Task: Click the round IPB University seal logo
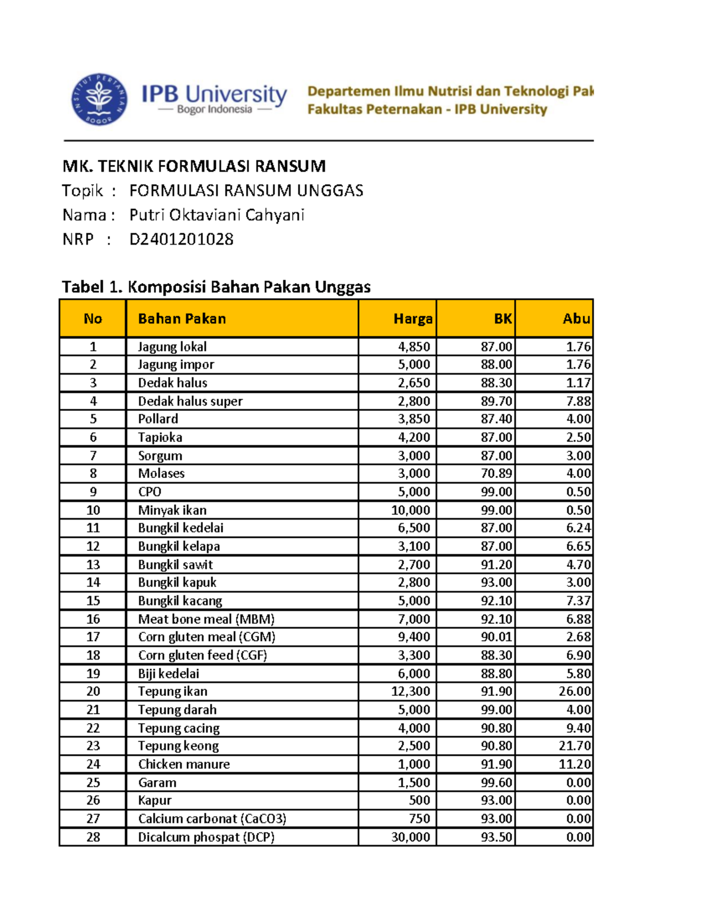[x=99, y=99]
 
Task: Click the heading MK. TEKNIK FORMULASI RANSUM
[x=194, y=166]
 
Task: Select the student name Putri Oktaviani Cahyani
[x=217, y=215]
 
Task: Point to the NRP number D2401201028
[x=181, y=239]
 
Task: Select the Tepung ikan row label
[x=173, y=692]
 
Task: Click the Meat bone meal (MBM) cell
[x=206, y=619]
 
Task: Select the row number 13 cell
[x=93, y=565]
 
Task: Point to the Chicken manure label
[x=184, y=765]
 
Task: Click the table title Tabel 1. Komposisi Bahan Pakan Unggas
[x=216, y=287]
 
